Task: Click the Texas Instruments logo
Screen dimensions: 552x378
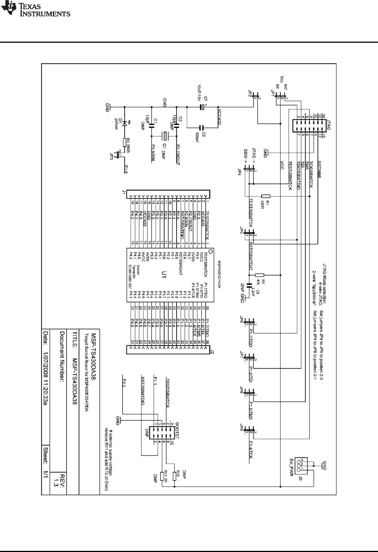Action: click(36, 9)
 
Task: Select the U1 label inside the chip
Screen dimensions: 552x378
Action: click(164, 274)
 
